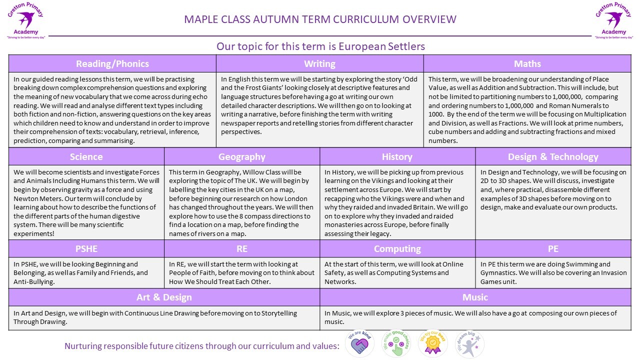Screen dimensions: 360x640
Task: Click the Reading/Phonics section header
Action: [x=112, y=63]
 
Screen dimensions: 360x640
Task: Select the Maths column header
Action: [x=527, y=63]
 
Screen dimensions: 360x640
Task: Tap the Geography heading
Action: [x=241, y=156]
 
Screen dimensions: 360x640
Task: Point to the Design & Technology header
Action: [x=553, y=156]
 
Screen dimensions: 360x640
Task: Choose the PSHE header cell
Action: [x=86, y=248]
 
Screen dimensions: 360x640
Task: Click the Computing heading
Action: [x=397, y=248]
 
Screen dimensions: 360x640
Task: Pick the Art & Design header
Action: [x=164, y=297]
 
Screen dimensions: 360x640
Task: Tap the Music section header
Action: [x=475, y=297]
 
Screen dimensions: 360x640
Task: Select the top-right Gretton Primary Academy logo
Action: [x=613, y=20]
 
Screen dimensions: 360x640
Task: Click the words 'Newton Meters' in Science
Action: [x=34, y=198]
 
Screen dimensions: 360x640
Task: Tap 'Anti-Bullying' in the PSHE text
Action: [x=34, y=282]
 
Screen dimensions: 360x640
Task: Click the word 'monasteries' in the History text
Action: [x=347, y=225]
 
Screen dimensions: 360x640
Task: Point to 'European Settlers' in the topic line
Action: [x=381, y=46]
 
